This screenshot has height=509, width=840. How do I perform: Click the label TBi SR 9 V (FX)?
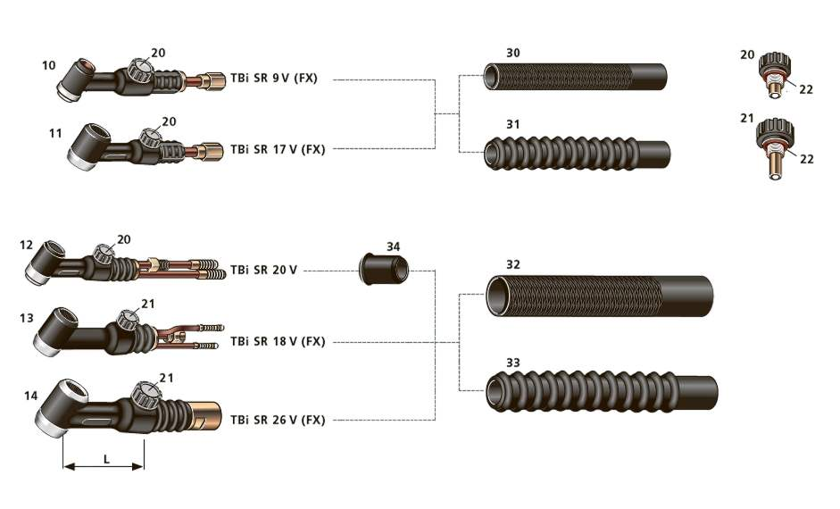(x=274, y=79)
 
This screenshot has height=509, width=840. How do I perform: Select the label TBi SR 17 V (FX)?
(x=278, y=149)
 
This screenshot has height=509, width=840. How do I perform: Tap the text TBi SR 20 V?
(x=263, y=270)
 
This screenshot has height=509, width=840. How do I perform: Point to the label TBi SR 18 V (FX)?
(x=278, y=341)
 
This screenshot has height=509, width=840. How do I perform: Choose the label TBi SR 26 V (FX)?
(x=278, y=420)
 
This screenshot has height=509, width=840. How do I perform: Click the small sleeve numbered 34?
(x=384, y=269)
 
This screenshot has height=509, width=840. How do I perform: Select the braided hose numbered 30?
(x=575, y=77)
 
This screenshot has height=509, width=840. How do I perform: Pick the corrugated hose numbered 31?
(x=577, y=154)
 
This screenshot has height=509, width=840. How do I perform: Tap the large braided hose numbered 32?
(x=600, y=296)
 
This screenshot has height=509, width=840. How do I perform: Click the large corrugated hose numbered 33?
(x=602, y=392)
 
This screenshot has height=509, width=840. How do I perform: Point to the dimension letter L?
(x=106, y=459)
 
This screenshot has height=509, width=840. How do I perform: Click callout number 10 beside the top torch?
(x=49, y=65)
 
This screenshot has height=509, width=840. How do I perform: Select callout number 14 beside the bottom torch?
(x=31, y=396)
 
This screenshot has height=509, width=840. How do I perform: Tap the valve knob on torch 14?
(x=145, y=396)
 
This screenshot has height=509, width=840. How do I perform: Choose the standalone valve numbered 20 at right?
(x=775, y=74)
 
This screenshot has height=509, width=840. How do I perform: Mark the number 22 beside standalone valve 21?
(x=806, y=159)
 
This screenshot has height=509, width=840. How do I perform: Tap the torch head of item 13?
(x=55, y=330)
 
